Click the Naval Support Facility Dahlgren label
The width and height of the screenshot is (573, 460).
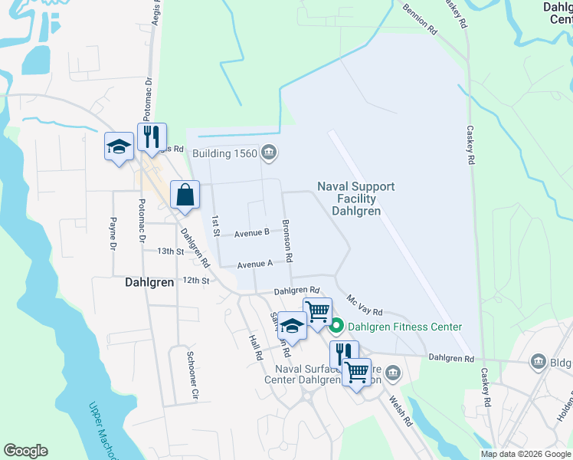click(356, 199)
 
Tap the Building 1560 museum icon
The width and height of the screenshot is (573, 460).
click(268, 153)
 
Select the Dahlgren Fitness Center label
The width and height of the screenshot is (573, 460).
click(404, 327)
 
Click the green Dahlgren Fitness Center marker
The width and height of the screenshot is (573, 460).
click(337, 327)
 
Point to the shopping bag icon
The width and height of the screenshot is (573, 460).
click(185, 195)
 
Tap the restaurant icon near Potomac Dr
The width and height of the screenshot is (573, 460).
click(152, 137)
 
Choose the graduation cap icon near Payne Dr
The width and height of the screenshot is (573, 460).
click(119, 146)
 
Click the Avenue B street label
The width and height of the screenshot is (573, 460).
click(251, 232)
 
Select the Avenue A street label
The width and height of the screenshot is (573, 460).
click(255, 264)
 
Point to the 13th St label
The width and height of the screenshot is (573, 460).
click(171, 251)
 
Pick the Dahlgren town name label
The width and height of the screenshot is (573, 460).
click(149, 282)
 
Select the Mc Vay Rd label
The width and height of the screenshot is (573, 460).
click(364, 305)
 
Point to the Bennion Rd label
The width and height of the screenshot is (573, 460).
click(421, 20)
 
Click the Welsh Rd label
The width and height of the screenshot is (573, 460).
click(401, 410)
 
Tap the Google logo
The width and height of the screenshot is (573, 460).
click(25, 451)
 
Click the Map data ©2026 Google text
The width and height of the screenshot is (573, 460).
click(526, 454)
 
